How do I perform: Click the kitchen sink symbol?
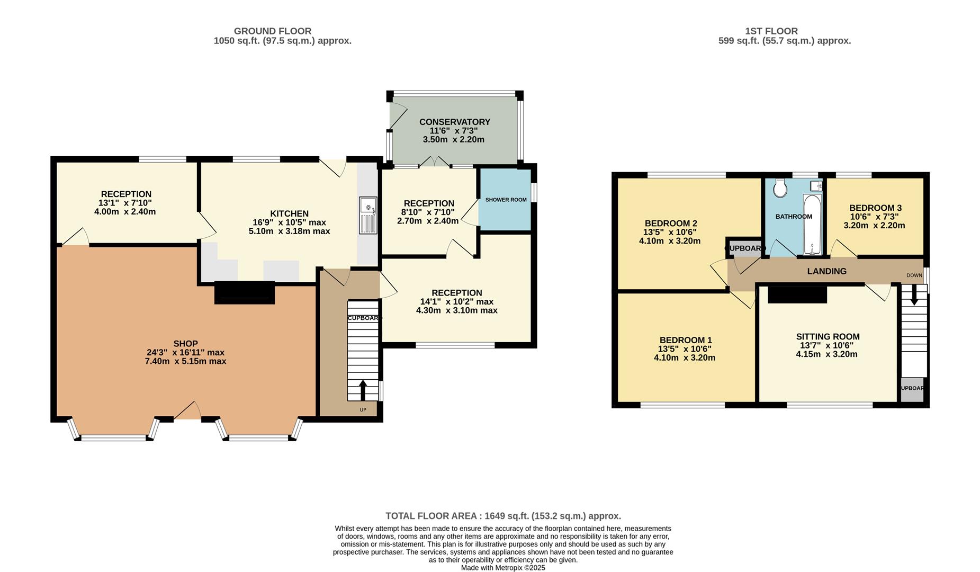pyautogui.click(x=368, y=215)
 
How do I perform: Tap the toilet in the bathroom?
pyautogui.click(x=779, y=187)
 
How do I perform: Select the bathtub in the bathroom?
pyautogui.click(x=812, y=225)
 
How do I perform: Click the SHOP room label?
pyautogui.click(x=185, y=344)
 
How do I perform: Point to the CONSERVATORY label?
pyautogui.click(x=455, y=122)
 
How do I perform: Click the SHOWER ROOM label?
pyautogui.click(x=506, y=200)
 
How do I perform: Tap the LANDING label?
pyautogui.click(x=826, y=271)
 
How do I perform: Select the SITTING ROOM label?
pyautogui.click(x=828, y=336)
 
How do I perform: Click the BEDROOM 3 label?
pyautogui.click(x=875, y=208)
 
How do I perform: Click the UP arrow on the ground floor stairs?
pyautogui.click(x=363, y=390)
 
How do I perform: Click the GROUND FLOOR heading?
pyautogui.click(x=273, y=31)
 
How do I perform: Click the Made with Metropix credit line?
pyautogui.click(x=503, y=568)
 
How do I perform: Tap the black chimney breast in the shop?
pyautogui.click(x=245, y=293)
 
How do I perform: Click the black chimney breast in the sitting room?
pyautogui.click(x=797, y=294)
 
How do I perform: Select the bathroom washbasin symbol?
pyautogui.click(x=816, y=186)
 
